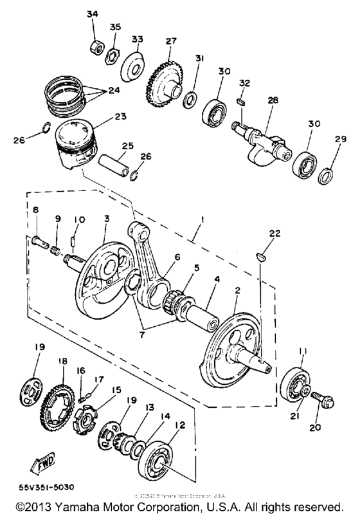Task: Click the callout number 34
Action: pyautogui.click(x=93, y=14)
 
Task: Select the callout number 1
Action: pyautogui.click(x=204, y=221)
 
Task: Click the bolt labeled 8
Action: pyautogui.click(x=39, y=242)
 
